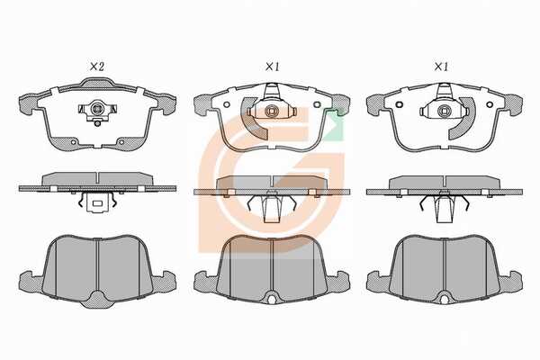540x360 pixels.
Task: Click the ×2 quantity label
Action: [97, 67]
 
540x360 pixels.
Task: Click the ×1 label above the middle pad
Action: [272, 67]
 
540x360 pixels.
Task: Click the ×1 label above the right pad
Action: [441, 67]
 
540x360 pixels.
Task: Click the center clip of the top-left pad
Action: [97, 111]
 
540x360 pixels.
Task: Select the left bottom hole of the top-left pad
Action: [73, 142]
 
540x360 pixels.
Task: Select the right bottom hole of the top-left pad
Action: [121, 142]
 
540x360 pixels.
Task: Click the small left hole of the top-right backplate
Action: [400, 104]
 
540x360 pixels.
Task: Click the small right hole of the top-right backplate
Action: [489, 104]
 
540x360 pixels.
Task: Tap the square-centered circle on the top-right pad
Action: [444, 112]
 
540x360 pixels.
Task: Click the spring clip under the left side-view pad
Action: [97, 202]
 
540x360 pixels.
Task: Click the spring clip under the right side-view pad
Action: [444, 207]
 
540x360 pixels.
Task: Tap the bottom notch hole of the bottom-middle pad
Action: [272, 300]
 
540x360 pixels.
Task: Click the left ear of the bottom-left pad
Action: [31, 282]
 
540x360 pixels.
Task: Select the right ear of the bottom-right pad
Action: [511, 282]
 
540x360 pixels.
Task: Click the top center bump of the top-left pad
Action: [97, 82]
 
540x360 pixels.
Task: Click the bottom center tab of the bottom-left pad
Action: [97, 299]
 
